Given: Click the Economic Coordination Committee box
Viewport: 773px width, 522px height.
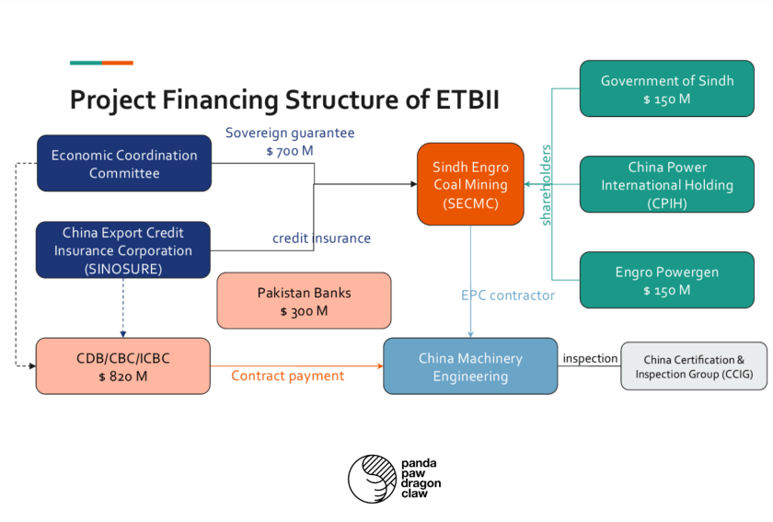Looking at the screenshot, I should point(123,164).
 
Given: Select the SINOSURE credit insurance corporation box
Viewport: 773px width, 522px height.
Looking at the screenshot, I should point(123,250).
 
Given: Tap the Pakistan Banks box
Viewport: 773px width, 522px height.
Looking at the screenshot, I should point(304,301).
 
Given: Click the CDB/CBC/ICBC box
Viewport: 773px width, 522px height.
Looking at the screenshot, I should point(123,366).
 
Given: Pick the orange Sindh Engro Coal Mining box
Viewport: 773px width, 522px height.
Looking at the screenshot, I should point(470,184).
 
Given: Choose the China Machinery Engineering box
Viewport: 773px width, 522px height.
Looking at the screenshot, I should point(470,366).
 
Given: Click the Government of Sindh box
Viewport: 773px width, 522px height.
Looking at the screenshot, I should point(667,89).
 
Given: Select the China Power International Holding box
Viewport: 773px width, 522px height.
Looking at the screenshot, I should point(667,184).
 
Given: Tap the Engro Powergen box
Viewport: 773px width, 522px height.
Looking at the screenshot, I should point(667,281).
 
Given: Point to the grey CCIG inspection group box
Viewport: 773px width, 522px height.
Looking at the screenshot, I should point(694,366).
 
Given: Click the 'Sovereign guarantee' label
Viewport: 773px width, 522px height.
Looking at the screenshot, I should point(290,133).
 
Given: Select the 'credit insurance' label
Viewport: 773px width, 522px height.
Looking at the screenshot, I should point(321,238).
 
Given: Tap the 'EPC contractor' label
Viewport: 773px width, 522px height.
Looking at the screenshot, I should point(508,296).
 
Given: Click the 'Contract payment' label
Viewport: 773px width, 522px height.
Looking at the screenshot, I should point(287,376).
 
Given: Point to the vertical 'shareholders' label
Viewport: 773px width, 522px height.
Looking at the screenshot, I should point(546,184).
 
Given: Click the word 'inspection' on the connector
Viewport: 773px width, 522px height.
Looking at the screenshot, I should point(590,358).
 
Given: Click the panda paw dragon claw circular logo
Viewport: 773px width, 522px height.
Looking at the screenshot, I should point(370,477).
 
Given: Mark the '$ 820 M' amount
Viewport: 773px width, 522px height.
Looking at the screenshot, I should point(123,376).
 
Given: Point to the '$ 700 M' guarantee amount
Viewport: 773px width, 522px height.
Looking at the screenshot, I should point(290,150).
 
